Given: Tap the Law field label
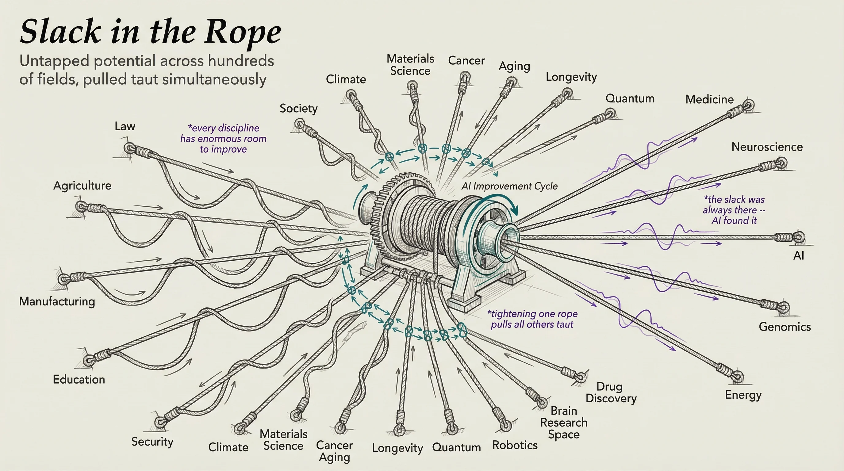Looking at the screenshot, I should tap(125, 126).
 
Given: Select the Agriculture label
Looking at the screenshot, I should tap(82, 186).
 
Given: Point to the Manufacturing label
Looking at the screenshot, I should tap(57, 301).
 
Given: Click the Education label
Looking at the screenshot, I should tap(79, 379).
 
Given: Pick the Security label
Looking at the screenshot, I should tap(152, 441).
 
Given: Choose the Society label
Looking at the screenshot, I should tap(298, 109).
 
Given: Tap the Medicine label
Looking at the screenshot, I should tap(709, 99).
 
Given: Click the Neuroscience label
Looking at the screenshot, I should tap(767, 147).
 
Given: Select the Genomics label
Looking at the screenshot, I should tap(785, 327).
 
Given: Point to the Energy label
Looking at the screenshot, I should tap(743, 395).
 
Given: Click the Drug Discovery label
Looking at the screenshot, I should tap(611, 392).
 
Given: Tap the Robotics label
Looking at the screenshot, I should tap(515, 445).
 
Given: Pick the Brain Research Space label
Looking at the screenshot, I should tap(564, 423).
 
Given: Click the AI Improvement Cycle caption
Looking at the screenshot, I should tap(509, 186).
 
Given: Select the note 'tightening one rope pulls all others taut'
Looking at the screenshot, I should tap(532, 319).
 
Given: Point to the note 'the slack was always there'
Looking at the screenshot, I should tap(734, 210).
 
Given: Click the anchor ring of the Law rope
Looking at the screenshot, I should tap(129, 148).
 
